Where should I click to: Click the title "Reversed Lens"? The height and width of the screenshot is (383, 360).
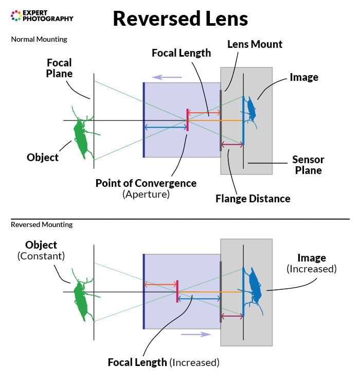click(180, 19)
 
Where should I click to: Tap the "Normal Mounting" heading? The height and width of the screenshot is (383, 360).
click(39, 39)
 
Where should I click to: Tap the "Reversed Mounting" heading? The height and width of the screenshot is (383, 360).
click(42, 224)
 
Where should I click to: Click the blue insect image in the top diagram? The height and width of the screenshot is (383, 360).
click(251, 110)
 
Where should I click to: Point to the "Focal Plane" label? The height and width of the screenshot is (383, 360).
click(59, 68)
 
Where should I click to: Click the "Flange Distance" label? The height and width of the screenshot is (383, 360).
click(253, 199)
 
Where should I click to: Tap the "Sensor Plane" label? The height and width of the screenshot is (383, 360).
click(308, 165)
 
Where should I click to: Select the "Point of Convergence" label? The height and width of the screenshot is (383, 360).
click(146, 183)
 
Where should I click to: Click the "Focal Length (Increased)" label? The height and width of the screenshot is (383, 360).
click(164, 362)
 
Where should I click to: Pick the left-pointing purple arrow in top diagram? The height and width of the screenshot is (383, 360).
click(164, 77)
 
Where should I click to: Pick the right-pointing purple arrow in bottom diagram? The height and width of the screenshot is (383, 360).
click(196, 334)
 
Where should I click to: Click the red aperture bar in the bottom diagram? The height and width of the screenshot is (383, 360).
click(177, 291)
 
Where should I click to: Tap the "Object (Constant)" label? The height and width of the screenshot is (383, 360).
click(41, 250)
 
